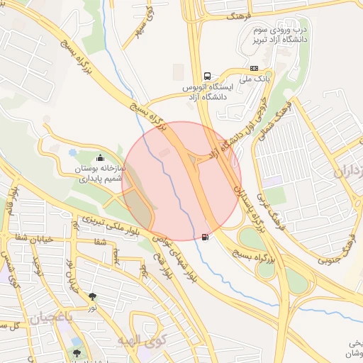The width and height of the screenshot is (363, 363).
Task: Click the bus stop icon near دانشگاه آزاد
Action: (207, 76)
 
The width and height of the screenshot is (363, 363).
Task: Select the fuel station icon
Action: (206, 237)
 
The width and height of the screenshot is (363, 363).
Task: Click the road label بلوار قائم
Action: (13, 199)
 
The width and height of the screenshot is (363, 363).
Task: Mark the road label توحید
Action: (38, 267)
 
